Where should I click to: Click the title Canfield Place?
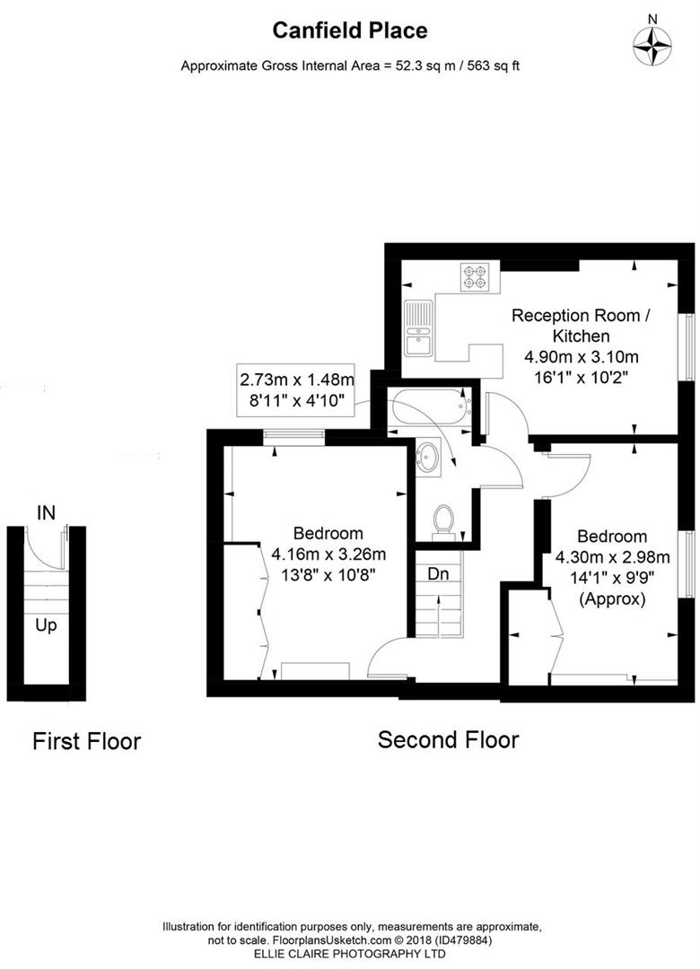tap(350, 31)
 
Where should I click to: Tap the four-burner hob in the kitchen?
tap(475, 277)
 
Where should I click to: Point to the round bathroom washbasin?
tap(428, 458)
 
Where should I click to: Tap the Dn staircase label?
tap(438, 572)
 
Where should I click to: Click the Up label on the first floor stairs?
tap(46, 624)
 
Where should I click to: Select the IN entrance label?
tap(46, 513)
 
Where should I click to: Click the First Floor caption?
tap(86, 741)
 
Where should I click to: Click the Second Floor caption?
tap(448, 740)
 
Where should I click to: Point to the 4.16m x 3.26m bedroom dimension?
tap(328, 554)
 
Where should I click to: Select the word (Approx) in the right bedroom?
tap(612, 598)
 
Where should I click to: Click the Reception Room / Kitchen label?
tap(581, 326)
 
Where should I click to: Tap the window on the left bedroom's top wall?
tap(293, 436)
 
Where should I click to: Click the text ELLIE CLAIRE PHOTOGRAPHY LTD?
tap(352, 953)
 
